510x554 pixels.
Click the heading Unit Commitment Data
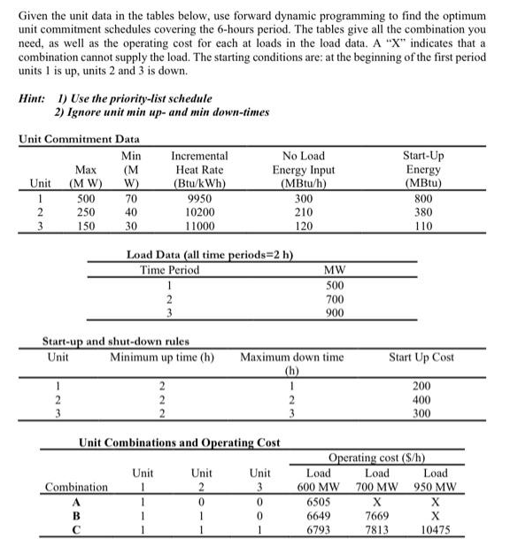[x=79, y=139]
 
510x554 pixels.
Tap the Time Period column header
[x=169, y=270]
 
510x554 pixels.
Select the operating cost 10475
[x=435, y=529]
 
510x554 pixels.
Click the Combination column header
[x=75, y=487]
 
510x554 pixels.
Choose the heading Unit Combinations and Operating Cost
[x=180, y=442]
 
